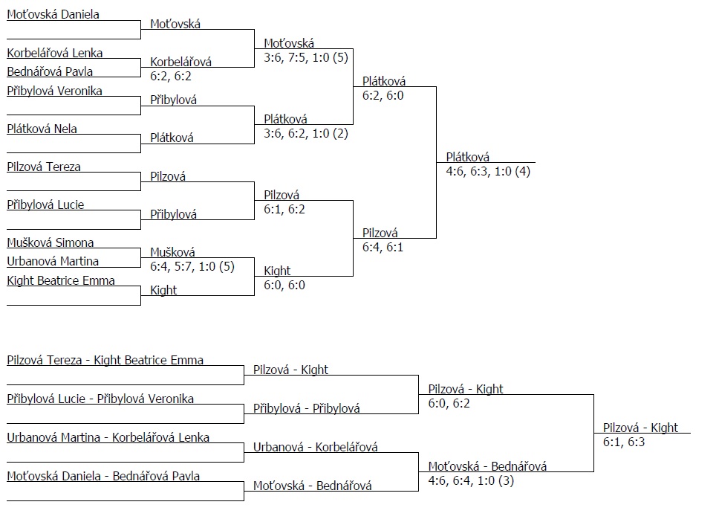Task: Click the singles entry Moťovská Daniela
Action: click(53, 15)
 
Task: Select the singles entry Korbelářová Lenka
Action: click(55, 53)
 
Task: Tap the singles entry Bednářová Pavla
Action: click(51, 72)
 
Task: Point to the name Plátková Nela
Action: click(42, 129)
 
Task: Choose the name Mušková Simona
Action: click(51, 242)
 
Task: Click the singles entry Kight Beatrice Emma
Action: click(61, 280)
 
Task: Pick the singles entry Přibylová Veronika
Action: click(54, 91)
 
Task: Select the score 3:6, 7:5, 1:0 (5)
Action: click(305, 57)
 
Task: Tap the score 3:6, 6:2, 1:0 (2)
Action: click(305, 133)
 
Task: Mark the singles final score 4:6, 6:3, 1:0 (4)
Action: click(488, 171)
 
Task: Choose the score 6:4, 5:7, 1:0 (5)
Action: click(192, 265)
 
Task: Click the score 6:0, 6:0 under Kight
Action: click(284, 285)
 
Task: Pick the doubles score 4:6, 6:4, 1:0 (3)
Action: click(471, 480)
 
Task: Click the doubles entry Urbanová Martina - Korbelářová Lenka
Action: click(108, 437)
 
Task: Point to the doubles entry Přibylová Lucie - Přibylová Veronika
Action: click(100, 399)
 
